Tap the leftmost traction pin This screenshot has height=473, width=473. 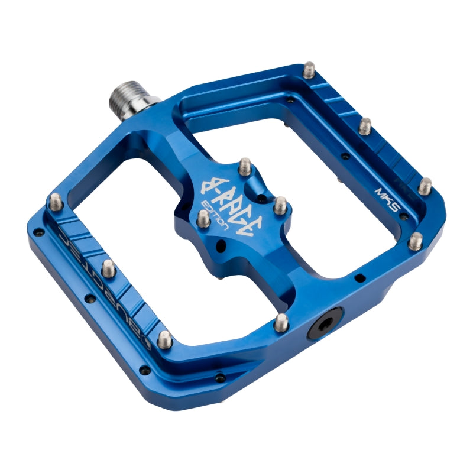pyautogui.click(x=56, y=201)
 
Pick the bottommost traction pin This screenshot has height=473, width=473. pyautogui.click(x=166, y=339)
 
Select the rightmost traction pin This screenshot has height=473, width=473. pyautogui.click(x=425, y=186)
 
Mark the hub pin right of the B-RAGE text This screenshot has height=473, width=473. pyautogui.click(x=280, y=205)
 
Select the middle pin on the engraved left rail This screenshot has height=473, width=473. pyautogui.click(x=109, y=268)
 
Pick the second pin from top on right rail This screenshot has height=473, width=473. pyautogui.click(x=365, y=125)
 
